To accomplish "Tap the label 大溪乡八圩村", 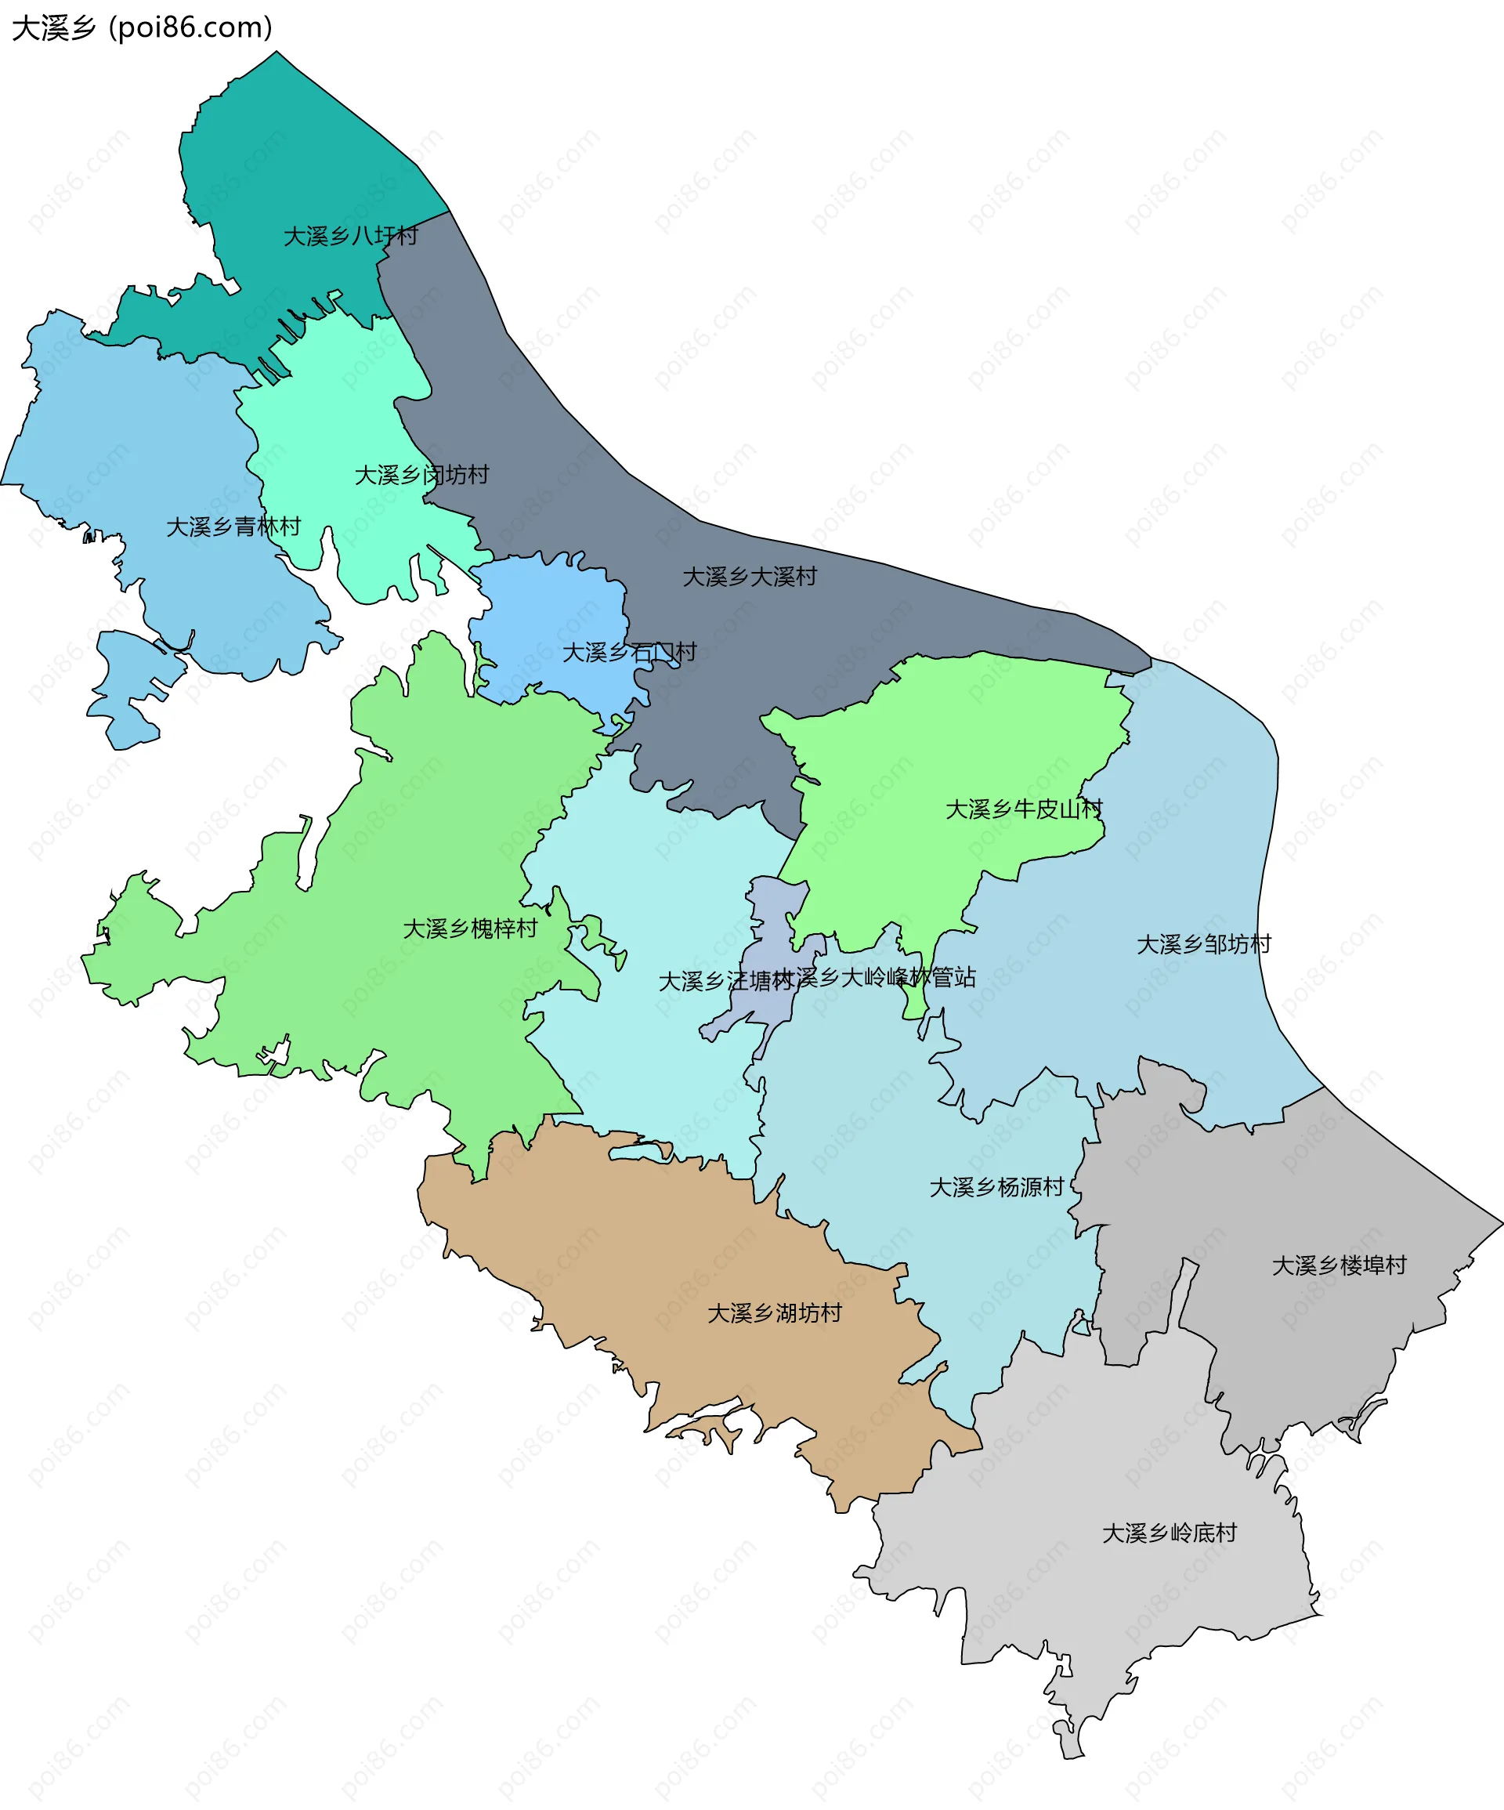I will tap(351, 236).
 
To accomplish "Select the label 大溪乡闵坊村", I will tap(421, 475).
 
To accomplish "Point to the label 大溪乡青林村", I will tap(233, 527).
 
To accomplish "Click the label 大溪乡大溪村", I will tap(749, 577).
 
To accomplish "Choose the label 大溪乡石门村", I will tap(629, 653).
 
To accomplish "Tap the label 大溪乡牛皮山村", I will tap(1024, 809).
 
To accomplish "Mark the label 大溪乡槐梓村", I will tap(470, 929).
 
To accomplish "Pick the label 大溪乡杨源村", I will tap(996, 1187).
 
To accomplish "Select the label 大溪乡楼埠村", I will tap(1339, 1265).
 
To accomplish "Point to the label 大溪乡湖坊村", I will tap(774, 1312).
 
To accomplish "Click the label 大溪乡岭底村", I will tap(1169, 1533).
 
